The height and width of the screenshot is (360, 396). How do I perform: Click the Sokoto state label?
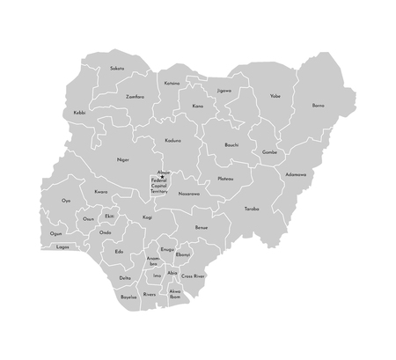[117, 68]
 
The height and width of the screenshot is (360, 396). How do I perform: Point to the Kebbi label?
[80, 112]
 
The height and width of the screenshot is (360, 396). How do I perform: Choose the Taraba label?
[252, 209]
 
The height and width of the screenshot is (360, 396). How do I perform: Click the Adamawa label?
[296, 174]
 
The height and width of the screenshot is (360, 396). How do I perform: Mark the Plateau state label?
[225, 179]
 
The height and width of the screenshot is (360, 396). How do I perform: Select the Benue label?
[202, 228]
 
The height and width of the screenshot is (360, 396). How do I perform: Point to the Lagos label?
[62, 247]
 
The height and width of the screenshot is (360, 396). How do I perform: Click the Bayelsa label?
[128, 298]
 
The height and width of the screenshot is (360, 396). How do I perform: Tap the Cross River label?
[194, 276]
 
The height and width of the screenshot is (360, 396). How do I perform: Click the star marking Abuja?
[163, 177]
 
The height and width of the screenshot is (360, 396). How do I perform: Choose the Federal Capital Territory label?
[159, 187]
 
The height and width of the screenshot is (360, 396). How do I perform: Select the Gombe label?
[269, 151]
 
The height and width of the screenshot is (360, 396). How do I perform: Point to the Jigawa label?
[224, 90]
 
